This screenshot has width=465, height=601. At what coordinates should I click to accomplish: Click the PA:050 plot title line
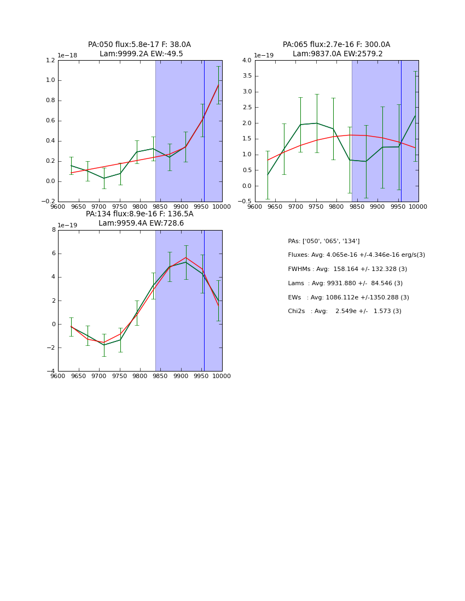tap(139, 45)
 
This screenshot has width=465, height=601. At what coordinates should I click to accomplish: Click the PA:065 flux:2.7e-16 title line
tap(336, 45)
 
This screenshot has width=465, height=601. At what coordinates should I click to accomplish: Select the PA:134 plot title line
tap(139, 214)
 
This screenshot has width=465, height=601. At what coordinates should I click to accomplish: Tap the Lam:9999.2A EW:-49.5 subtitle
tap(141, 54)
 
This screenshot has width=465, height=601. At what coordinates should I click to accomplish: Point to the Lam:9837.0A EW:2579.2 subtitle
tap(338, 54)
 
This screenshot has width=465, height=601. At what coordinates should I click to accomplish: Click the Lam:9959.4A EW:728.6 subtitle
tap(141, 223)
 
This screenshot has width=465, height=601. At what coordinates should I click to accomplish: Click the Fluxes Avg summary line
tap(356, 255)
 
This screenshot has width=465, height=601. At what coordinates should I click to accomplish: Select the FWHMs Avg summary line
tap(347, 269)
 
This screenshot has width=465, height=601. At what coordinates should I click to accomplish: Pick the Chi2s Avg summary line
tap(345, 311)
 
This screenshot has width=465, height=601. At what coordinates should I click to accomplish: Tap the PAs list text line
tap(324, 241)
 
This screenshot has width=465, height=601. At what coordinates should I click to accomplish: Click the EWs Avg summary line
tap(348, 298)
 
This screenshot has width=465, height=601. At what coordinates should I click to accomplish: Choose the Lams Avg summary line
tap(345, 284)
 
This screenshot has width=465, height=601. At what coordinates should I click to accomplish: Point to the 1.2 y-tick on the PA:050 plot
tap(50, 61)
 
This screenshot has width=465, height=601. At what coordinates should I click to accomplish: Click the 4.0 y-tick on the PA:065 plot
tap(246, 61)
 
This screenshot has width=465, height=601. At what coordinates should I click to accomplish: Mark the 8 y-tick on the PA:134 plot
tap(53, 230)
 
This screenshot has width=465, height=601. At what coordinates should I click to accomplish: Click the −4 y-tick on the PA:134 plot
tap(51, 372)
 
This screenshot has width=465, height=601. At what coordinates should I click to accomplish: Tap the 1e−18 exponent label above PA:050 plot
tap(67, 56)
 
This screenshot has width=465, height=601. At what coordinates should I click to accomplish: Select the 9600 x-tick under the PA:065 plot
tap(255, 207)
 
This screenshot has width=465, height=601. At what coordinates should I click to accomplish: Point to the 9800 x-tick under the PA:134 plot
tap(139, 376)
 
